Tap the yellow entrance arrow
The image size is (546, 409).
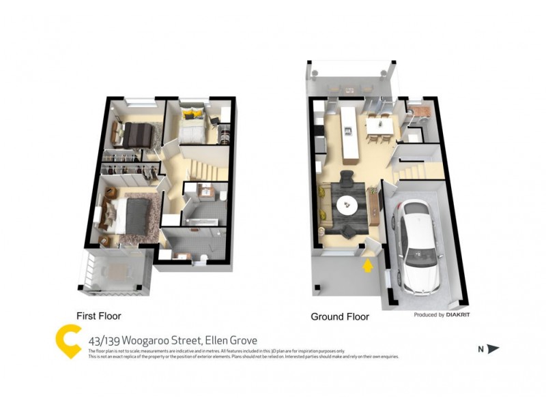tap(368, 264)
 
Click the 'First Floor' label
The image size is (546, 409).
tap(99, 316)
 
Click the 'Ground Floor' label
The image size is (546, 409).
tap(340, 317)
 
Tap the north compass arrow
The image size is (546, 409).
tap(493, 349)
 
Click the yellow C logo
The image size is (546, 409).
tap(68, 341)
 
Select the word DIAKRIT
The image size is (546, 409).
tap(459, 315)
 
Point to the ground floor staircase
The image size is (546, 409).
tap(414, 164)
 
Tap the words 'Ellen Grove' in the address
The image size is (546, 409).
tap(227, 338)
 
